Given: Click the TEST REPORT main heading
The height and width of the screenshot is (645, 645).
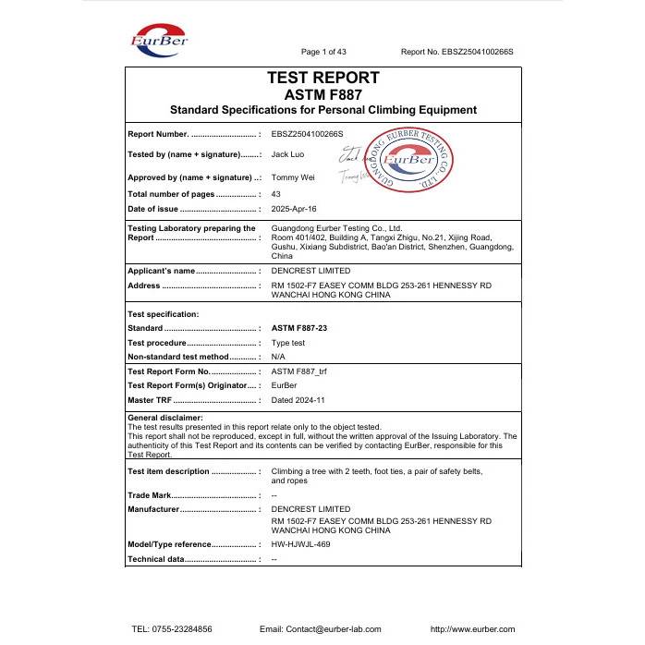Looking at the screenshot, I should [322, 79].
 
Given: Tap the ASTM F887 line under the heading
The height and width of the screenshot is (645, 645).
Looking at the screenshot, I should [322, 94].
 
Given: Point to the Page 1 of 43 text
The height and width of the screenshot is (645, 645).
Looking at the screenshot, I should [324, 52].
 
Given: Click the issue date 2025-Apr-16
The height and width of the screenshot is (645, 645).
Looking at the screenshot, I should [294, 210].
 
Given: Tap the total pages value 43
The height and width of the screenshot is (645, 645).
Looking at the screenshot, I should [276, 194].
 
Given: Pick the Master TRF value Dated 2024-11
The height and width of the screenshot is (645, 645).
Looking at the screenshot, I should [298, 399].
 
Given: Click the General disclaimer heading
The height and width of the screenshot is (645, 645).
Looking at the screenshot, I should [164, 419].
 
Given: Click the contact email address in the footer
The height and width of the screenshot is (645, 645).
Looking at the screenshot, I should [321, 628].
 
